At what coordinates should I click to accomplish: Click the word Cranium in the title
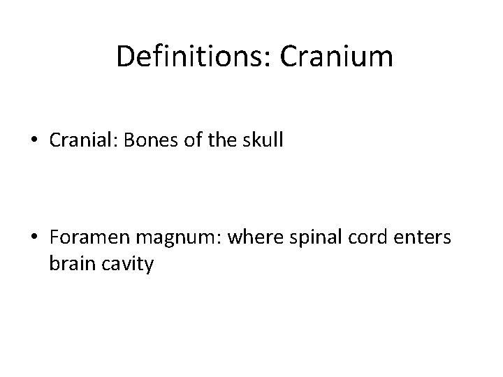pos(337,56)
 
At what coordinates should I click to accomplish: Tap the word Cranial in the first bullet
pos(77,142)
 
